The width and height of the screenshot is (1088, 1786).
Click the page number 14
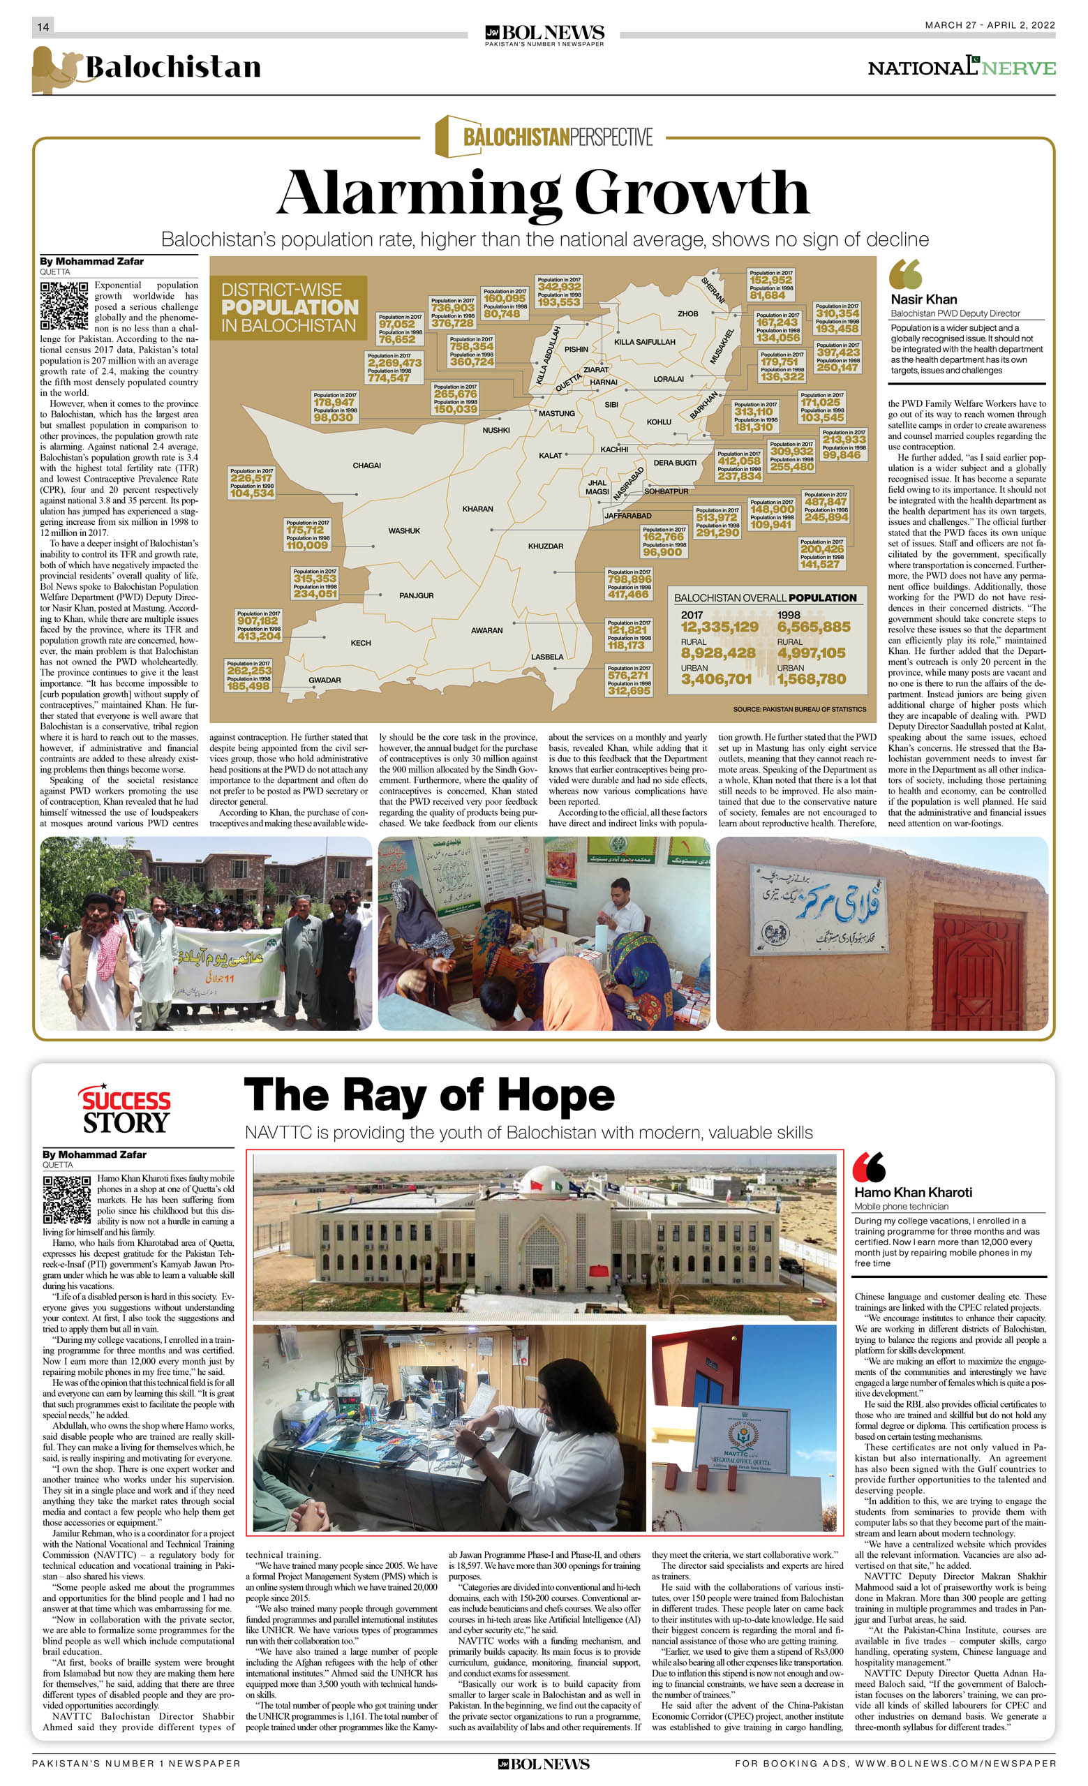(43, 27)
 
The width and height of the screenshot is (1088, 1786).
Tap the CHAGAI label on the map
(367, 466)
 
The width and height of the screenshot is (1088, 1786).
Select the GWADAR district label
(325, 680)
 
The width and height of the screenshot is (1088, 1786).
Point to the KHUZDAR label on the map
(545, 546)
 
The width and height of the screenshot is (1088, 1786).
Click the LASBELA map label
(547, 657)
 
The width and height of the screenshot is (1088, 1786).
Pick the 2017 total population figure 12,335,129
(719, 627)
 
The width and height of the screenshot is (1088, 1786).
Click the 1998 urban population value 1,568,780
(811, 679)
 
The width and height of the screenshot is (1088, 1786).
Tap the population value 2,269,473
(394, 363)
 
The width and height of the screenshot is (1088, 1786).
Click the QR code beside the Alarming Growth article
(64, 305)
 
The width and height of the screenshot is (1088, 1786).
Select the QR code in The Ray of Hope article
(67, 1200)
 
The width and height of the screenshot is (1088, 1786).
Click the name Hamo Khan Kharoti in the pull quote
(913, 1192)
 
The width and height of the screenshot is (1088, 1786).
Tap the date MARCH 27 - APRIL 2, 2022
(990, 25)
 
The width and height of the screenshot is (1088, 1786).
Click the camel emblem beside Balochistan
(55, 70)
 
